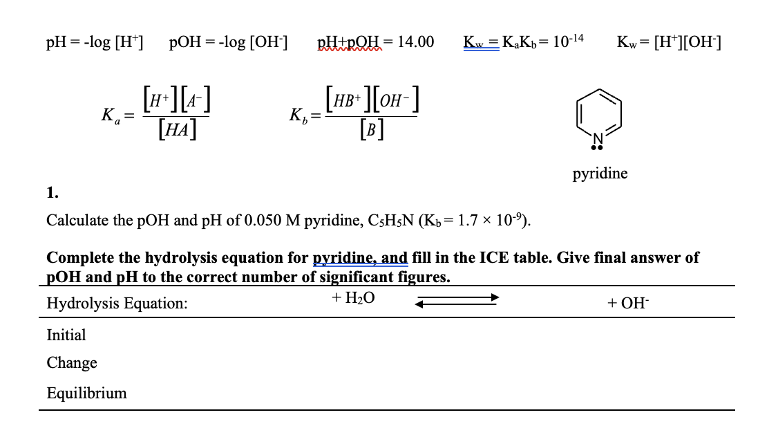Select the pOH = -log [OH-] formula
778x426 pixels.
(x=229, y=43)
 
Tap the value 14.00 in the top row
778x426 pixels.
(x=417, y=43)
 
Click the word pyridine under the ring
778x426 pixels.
(x=600, y=173)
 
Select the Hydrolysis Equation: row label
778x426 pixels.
(x=117, y=303)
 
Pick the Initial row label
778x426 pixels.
(x=66, y=335)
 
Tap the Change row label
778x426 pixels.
(x=72, y=363)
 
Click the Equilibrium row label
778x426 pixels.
(x=87, y=393)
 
